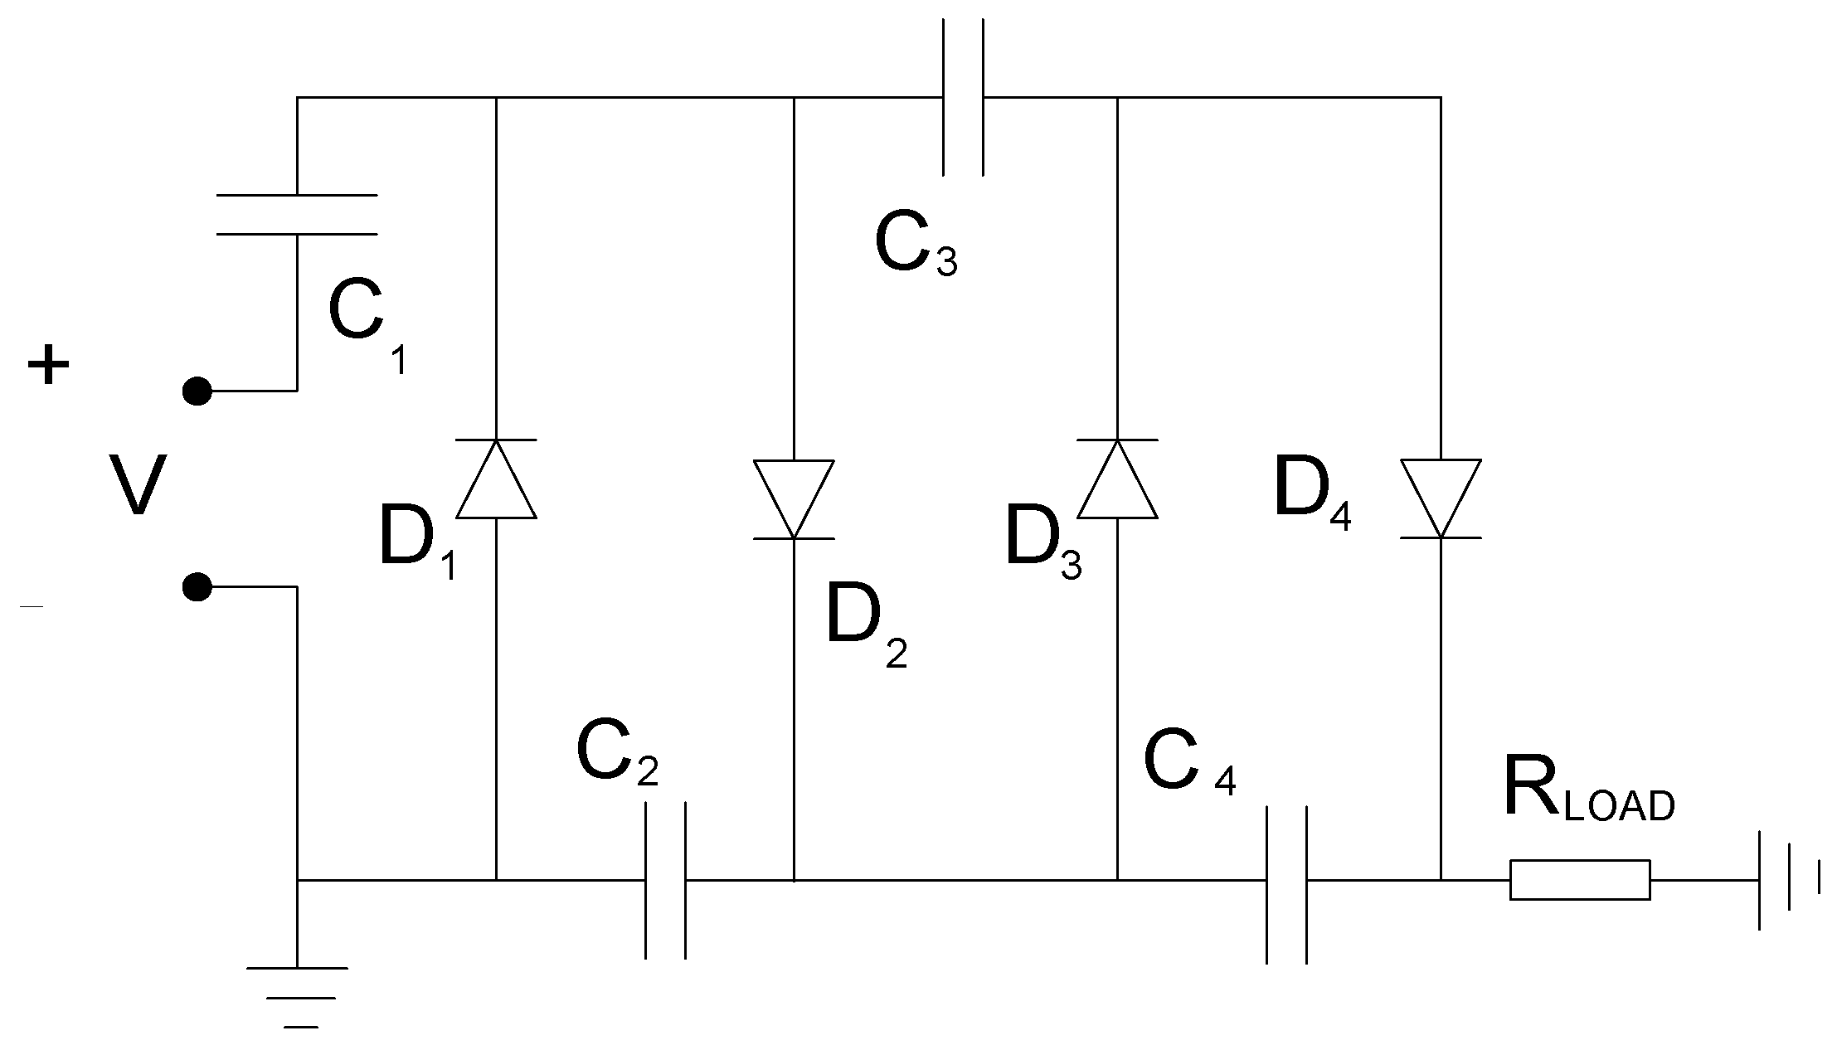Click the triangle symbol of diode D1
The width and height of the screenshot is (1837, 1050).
point(496,480)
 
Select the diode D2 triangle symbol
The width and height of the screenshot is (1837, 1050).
point(794,498)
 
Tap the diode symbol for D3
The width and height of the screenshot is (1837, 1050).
point(1117,480)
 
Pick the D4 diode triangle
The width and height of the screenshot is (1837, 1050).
point(1441,498)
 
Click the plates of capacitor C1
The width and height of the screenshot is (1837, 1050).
point(297,215)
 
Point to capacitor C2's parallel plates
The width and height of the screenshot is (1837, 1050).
point(666,880)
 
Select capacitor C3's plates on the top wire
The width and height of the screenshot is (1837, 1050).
point(963,98)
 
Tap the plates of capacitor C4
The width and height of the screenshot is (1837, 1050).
point(1286,884)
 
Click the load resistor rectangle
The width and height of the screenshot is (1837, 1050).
point(1579,880)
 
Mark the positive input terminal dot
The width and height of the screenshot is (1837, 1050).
point(197,390)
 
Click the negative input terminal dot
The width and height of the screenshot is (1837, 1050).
point(197,586)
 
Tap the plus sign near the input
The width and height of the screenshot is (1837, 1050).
point(48,365)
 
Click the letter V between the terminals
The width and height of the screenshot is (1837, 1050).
point(138,486)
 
